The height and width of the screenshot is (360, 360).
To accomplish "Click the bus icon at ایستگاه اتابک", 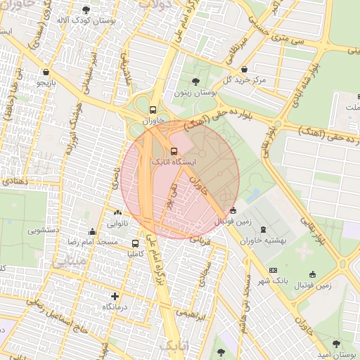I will [174, 150].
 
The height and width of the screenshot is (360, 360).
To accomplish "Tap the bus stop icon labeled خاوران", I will [153, 110].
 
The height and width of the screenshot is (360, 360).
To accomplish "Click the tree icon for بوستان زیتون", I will [195, 82].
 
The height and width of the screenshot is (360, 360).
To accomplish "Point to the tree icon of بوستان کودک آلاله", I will [86, 11].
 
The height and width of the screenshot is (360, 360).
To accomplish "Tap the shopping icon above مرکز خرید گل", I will [244, 70].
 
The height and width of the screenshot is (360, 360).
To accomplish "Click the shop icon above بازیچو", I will [46, 72].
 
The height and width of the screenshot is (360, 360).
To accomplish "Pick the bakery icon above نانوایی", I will [117, 213].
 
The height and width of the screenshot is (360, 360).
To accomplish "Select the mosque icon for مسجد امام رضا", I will [91, 231].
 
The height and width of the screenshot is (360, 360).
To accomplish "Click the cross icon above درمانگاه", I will [115, 296].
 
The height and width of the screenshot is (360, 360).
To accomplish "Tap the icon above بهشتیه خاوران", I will [263, 230].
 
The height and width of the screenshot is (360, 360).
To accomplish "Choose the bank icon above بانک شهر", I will [273, 271].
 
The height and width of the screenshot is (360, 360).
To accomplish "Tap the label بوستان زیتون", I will [195, 93].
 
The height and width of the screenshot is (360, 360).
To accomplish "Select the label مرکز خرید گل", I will [245, 80].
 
